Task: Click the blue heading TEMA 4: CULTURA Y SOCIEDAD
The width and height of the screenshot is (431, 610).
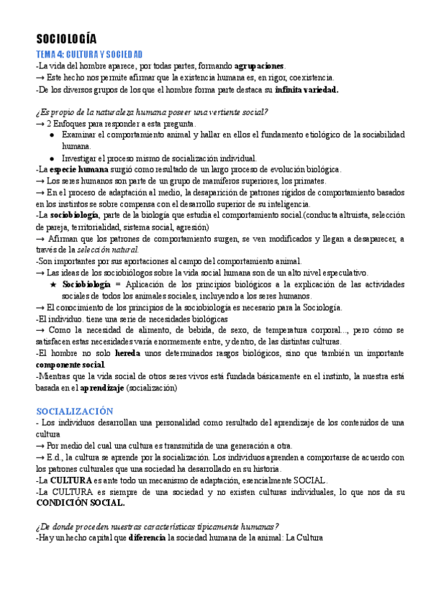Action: point(89,55)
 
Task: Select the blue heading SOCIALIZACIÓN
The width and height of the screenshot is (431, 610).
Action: point(75,410)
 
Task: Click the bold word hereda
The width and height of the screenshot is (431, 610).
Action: point(127,353)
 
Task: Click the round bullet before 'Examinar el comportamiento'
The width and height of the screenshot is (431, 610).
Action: point(53,135)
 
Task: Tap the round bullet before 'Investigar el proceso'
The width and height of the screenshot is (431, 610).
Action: point(53,158)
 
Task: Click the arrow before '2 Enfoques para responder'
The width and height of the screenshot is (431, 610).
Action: point(40,124)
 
